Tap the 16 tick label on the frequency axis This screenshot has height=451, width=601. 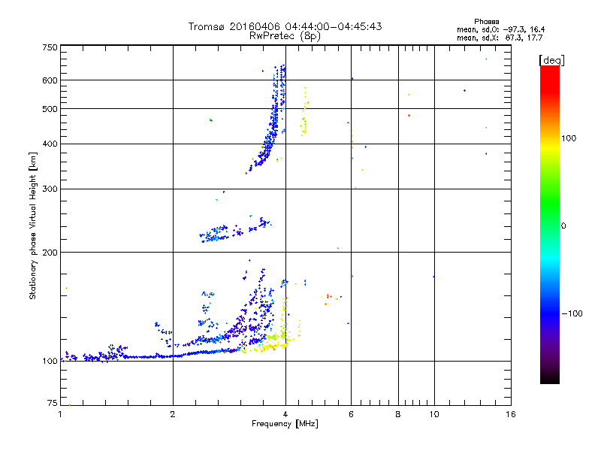click(x=510, y=414)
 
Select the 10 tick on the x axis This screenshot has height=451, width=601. click(x=433, y=414)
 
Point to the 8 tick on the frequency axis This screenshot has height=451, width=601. click(x=398, y=414)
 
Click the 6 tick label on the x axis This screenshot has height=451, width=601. click(x=351, y=414)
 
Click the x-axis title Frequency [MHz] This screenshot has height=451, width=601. click(x=285, y=424)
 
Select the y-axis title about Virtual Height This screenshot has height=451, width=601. click(x=33, y=225)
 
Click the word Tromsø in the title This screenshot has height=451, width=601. click(x=208, y=26)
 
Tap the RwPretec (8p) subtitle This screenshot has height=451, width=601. click(x=285, y=35)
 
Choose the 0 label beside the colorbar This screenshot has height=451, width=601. click(x=564, y=225)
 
